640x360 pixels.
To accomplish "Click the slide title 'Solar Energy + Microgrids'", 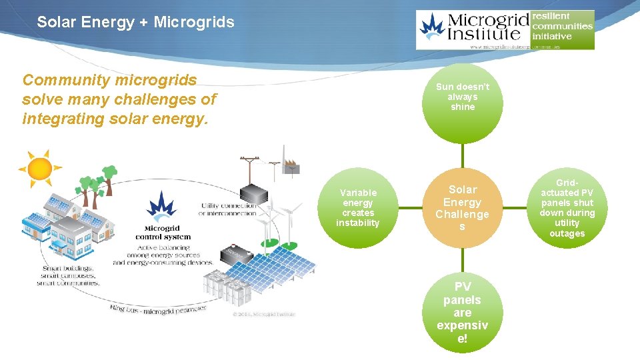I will [x=135, y=22].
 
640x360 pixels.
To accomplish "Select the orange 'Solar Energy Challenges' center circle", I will [x=463, y=208].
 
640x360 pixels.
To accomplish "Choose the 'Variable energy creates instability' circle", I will [x=358, y=208].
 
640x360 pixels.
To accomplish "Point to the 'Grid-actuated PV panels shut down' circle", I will [x=567, y=208].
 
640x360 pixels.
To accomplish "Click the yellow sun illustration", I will [x=40, y=167].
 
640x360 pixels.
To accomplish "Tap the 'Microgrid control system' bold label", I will [x=163, y=233].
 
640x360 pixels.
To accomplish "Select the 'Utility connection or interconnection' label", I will [x=227, y=209].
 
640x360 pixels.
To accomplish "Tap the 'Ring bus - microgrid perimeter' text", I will [x=158, y=308].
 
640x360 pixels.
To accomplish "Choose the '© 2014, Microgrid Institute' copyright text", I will [x=263, y=313].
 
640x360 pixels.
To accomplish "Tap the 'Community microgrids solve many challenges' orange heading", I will [x=119, y=99].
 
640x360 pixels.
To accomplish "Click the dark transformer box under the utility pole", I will [x=254, y=193].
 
